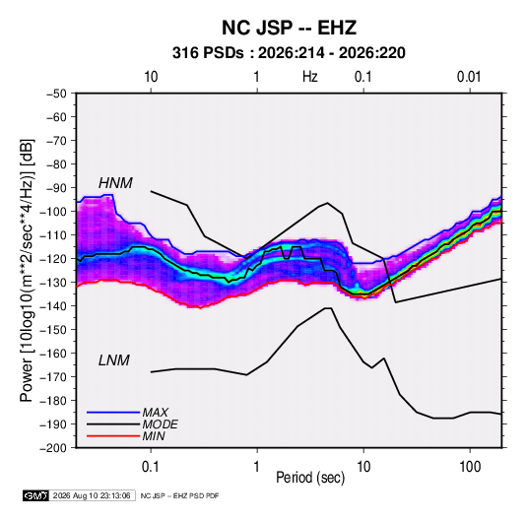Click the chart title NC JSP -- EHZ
(289, 28)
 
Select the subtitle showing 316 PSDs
(289, 53)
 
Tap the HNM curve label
(115, 183)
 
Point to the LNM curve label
(114, 360)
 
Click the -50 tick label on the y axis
(56, 94)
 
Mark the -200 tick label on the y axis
(53, 448)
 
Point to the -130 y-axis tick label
(53, 283)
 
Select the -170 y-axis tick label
(53, 377)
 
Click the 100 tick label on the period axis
(470, 467)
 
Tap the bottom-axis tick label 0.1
(151, 467)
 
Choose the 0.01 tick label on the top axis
(469, 77)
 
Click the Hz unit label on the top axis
(310, 77)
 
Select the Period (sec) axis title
(310, 478)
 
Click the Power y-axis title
(27, 271)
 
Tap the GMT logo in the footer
(36, 495)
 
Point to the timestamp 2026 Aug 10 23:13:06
(92, 495)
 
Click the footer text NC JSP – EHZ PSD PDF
(179, 495)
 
